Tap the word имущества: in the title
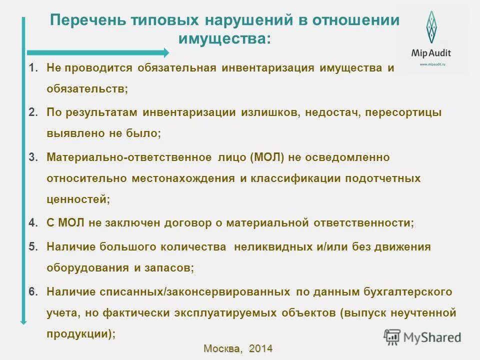coord(224,38)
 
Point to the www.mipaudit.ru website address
coord(430,64)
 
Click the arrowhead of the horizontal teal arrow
coord(165,52)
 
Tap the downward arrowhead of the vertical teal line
coord(23,321)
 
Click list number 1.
coord(33,67)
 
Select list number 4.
coord(33,223)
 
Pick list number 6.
coord(33,291)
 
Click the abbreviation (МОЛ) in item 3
coord(267,157)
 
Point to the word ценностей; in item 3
coord(78,198)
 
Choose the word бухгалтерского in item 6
coord(404,291)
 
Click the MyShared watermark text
coord(432,337)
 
